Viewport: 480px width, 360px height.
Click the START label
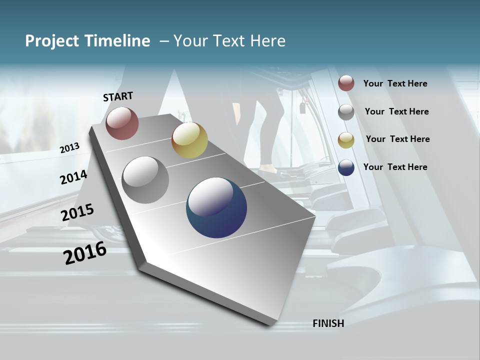pyautogui.click(x=118, y=96)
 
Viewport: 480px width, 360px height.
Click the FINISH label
pyautogui.click(x=328, y=323)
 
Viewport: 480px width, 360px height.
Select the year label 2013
pyautogui.click(x=70, y=147)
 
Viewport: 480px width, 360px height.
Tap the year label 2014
pyautogui.click(x=73, y=177)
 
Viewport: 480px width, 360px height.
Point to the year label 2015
pyautogui.click(x=77, y=212)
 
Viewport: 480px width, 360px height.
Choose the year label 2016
pyautogui.click(x=85, y=252)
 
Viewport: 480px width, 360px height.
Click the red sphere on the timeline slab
pyautogui.click(x=122, y=123)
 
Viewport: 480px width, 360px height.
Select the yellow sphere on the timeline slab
pyautogui.click(x=189, y=140)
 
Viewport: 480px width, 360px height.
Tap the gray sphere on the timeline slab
pyautogui.click(x=145, y=180)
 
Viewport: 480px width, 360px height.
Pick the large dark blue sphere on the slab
pyautogui.click(x=216, y=207)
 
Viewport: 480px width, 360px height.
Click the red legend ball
pyautogui.click(x=346, y=83)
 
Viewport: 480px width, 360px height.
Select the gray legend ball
pyautogui.click(x=346, y=111)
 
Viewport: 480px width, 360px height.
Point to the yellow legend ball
pyautogui.click(x=346, y=139)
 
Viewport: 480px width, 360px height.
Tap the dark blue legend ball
pyautogui.click(x=346, y=167)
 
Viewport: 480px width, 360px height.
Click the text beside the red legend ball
pyautogui.click(x=395, y=83)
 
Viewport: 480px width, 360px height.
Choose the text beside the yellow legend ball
pyautogui.click(x=397, y=139)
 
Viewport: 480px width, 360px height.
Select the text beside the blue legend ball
pyautogui.click(x=395, y=167)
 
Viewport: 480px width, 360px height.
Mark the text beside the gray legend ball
pyautogui.click(x=396, y=111)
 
